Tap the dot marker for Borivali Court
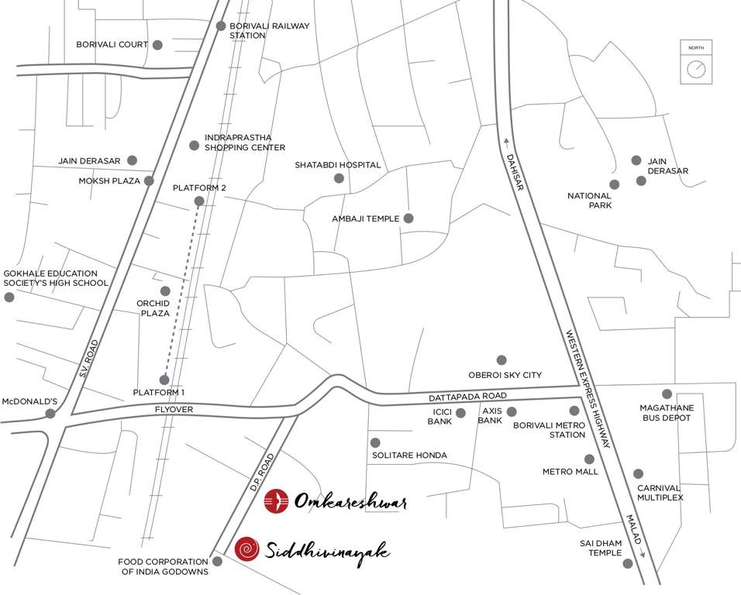pyautogui.click(x=157, y=45)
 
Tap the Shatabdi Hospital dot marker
pyautogui.click(x=339, y=178)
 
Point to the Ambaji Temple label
pyautogui.click(x=365, y=218)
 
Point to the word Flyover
pyautogui.click(x=173, y=408)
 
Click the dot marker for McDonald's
pyautogui.click(x=50, y=414)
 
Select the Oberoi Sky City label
pyautogui.click(x=505, y=375)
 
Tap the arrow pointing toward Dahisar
pyautogui.click(x=505, y=141)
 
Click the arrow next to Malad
pyautogui.click(x=643, y=553)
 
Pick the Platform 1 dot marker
pyautogui.click(x=164, y=380)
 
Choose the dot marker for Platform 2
pyautogui.click(x=198, y=201)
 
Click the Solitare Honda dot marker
pyautogui.click(x=375, y=442)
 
